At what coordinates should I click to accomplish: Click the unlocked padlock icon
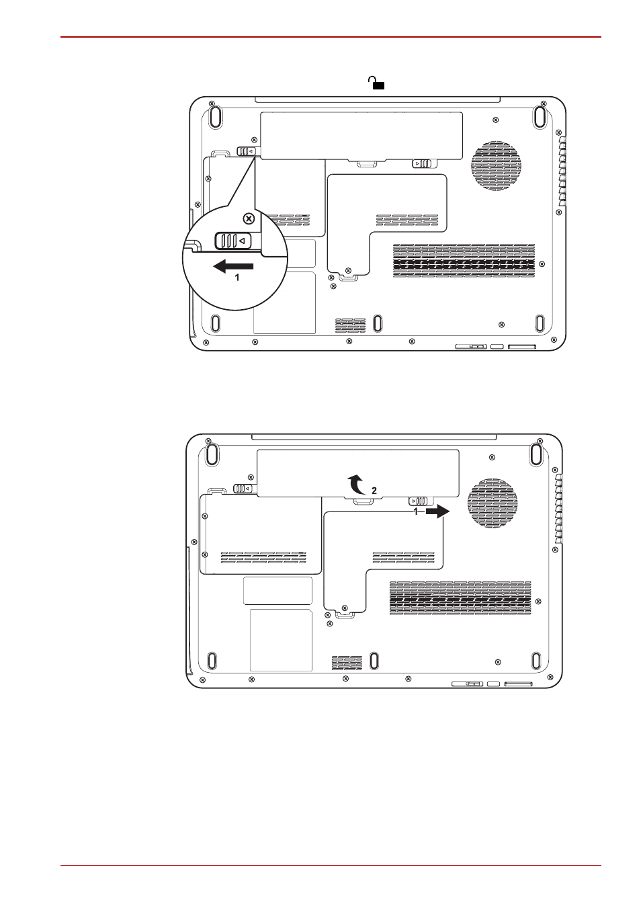click(x=376, y=83)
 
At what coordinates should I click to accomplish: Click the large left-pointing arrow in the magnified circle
click(x=233, y=267)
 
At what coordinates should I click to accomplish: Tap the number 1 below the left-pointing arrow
click(x=237, y=278)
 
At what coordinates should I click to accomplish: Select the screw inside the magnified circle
click(x=249, y=219)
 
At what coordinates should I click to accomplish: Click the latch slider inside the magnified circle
click(x=233, y=241)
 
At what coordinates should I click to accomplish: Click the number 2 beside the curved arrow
click(x=374, y=491)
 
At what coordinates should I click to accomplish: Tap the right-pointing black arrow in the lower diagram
click(x=437, y=512)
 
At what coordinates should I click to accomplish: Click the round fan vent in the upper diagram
click(x=496, y=166)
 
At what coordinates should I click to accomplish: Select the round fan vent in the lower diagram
click(x=493, y=503)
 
